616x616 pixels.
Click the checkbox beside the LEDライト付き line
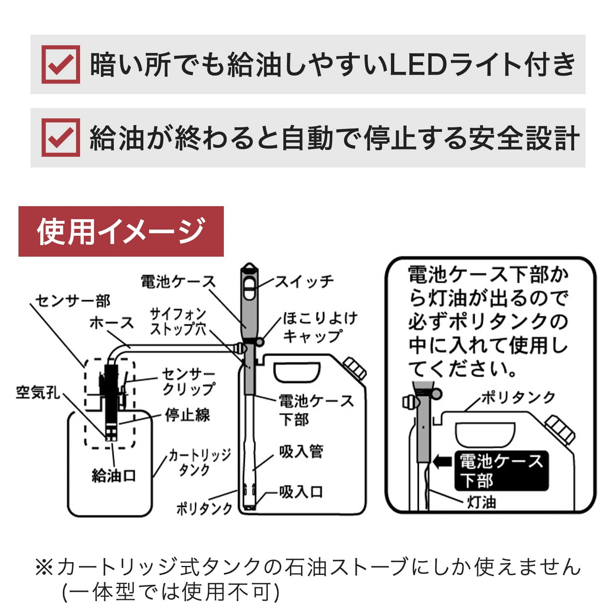click(61, 64)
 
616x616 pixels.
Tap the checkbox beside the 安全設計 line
click(61, 138)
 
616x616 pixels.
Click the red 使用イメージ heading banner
click(121, 231)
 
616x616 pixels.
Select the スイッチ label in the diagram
click(304, 282)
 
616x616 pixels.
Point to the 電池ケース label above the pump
click(178, 282)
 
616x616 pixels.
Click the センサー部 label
click(73, 301)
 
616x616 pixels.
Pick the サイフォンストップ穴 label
click(178, 322)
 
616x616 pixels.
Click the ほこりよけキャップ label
click(320, 327)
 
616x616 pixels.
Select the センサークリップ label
click(188, 382)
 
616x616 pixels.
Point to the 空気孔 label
click(38, 392)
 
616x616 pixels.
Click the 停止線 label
click(187, 415)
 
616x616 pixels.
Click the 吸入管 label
click(301, 451)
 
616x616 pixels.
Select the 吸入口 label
click(301, 492)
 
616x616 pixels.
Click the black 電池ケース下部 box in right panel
click(501, 471)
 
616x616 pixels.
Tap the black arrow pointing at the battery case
click(442, 461)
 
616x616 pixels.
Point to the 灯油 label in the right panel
click(481, 502)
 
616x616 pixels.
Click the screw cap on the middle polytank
click(354, 368)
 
